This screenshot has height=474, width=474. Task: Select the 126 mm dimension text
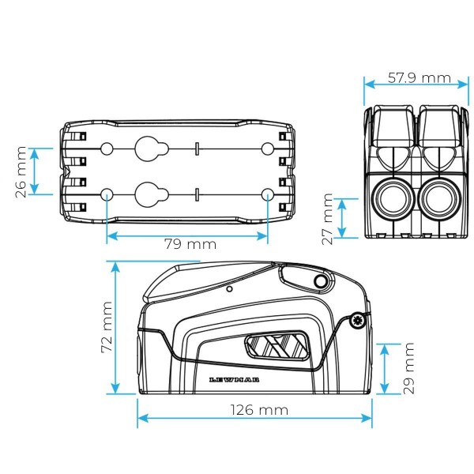[254, 410]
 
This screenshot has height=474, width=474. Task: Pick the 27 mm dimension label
[326, 217]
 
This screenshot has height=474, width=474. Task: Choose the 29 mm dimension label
[408, 367]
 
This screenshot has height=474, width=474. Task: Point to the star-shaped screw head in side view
[359, 319]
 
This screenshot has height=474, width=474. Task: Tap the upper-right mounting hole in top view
[268, 149]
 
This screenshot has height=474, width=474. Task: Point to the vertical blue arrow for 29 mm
[384, 367]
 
